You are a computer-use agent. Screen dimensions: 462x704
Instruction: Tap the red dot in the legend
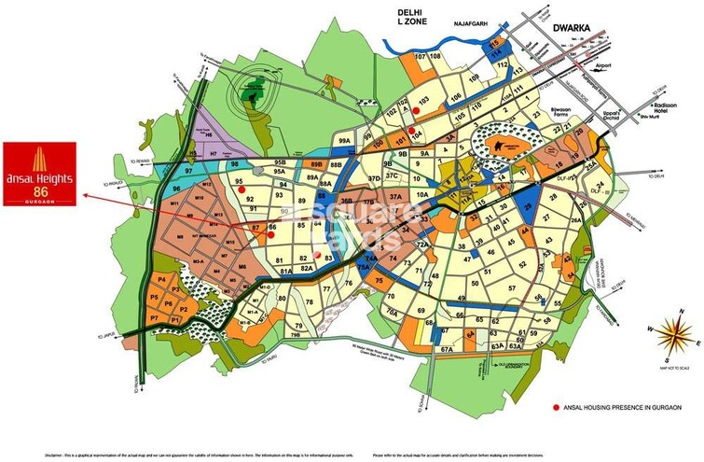coord(556,408)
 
